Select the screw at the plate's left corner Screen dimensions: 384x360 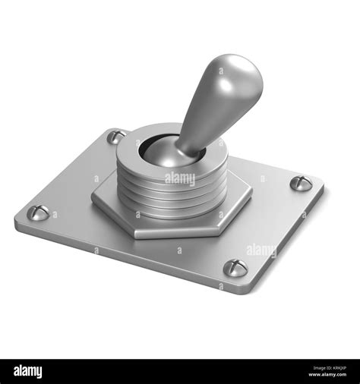pyautogui.click(x=38, y=213)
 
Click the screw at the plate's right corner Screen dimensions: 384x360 pyautogui.click(x=301, y=183)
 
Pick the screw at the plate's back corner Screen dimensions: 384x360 pyautogui.click(x=115, y=137)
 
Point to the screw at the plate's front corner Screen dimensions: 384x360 pyautogui.click(x=235, y=267)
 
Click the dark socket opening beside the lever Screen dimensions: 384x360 pyautogui.click(x=156, y=149)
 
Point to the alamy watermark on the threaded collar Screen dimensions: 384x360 pyautogui.click(x=180, y=179)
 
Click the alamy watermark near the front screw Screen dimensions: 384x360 pyautogui.click(x=261, y=250)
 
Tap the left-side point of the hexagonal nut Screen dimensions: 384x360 pyautogui.click(x=93, y=199)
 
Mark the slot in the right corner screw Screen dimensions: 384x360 pyautogui.click(x=301, y=183)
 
